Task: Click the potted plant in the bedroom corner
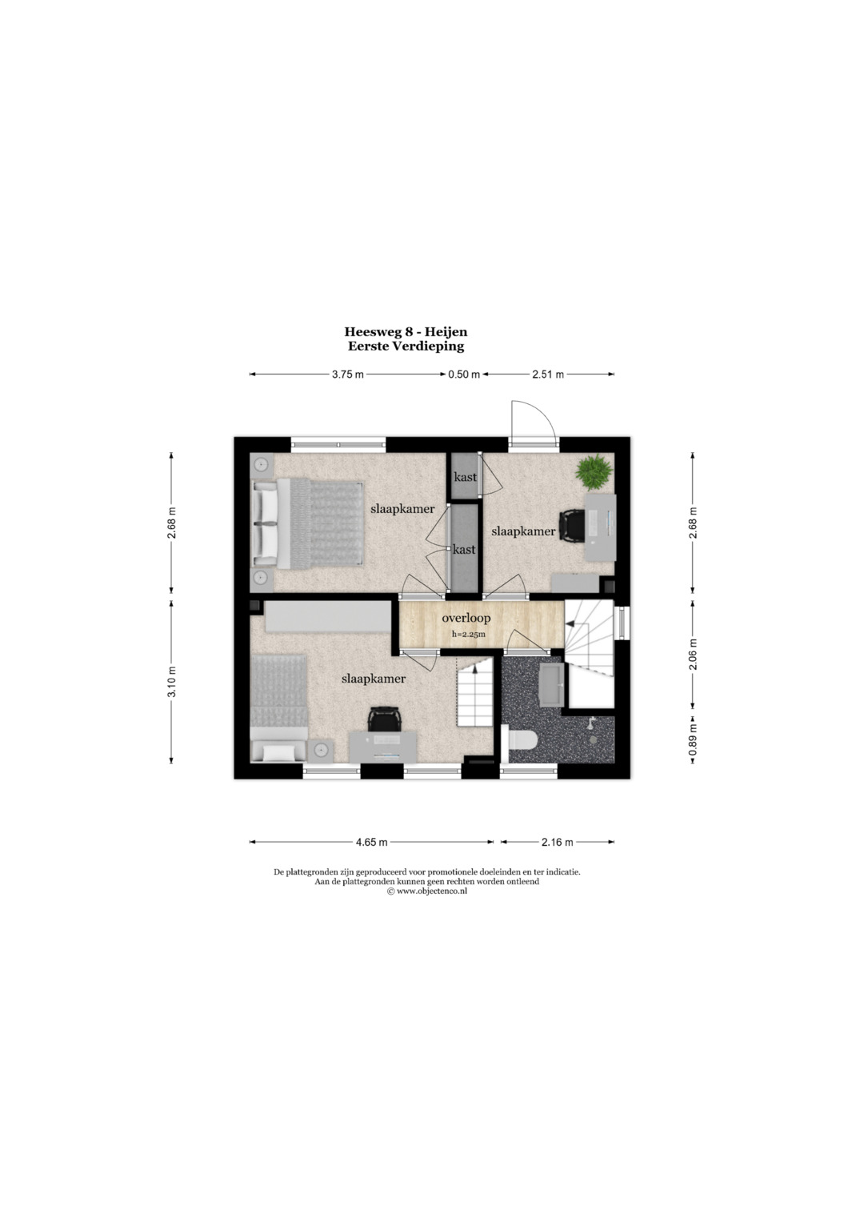click(593, 472)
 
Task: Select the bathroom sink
click(552, 685)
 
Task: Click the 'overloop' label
click(466, 618)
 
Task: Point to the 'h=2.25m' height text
click(469, 635)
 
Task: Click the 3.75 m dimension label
click(347, 375)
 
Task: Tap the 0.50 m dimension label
click(464, 375)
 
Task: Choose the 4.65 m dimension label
click(371, 843)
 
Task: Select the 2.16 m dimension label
click(557, 843)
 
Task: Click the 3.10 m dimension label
click(172, 682)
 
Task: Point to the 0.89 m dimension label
click(693, 739)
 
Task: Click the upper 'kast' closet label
click(466, 477)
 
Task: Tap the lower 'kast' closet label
click(464, 549)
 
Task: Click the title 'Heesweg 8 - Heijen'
click(406, 331)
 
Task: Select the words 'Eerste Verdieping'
click(406, 346)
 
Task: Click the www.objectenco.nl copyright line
click(427, 891)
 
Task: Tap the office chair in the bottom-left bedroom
click(384, 719)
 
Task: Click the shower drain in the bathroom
click(592, 740)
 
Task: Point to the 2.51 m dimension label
click(548, 375)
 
